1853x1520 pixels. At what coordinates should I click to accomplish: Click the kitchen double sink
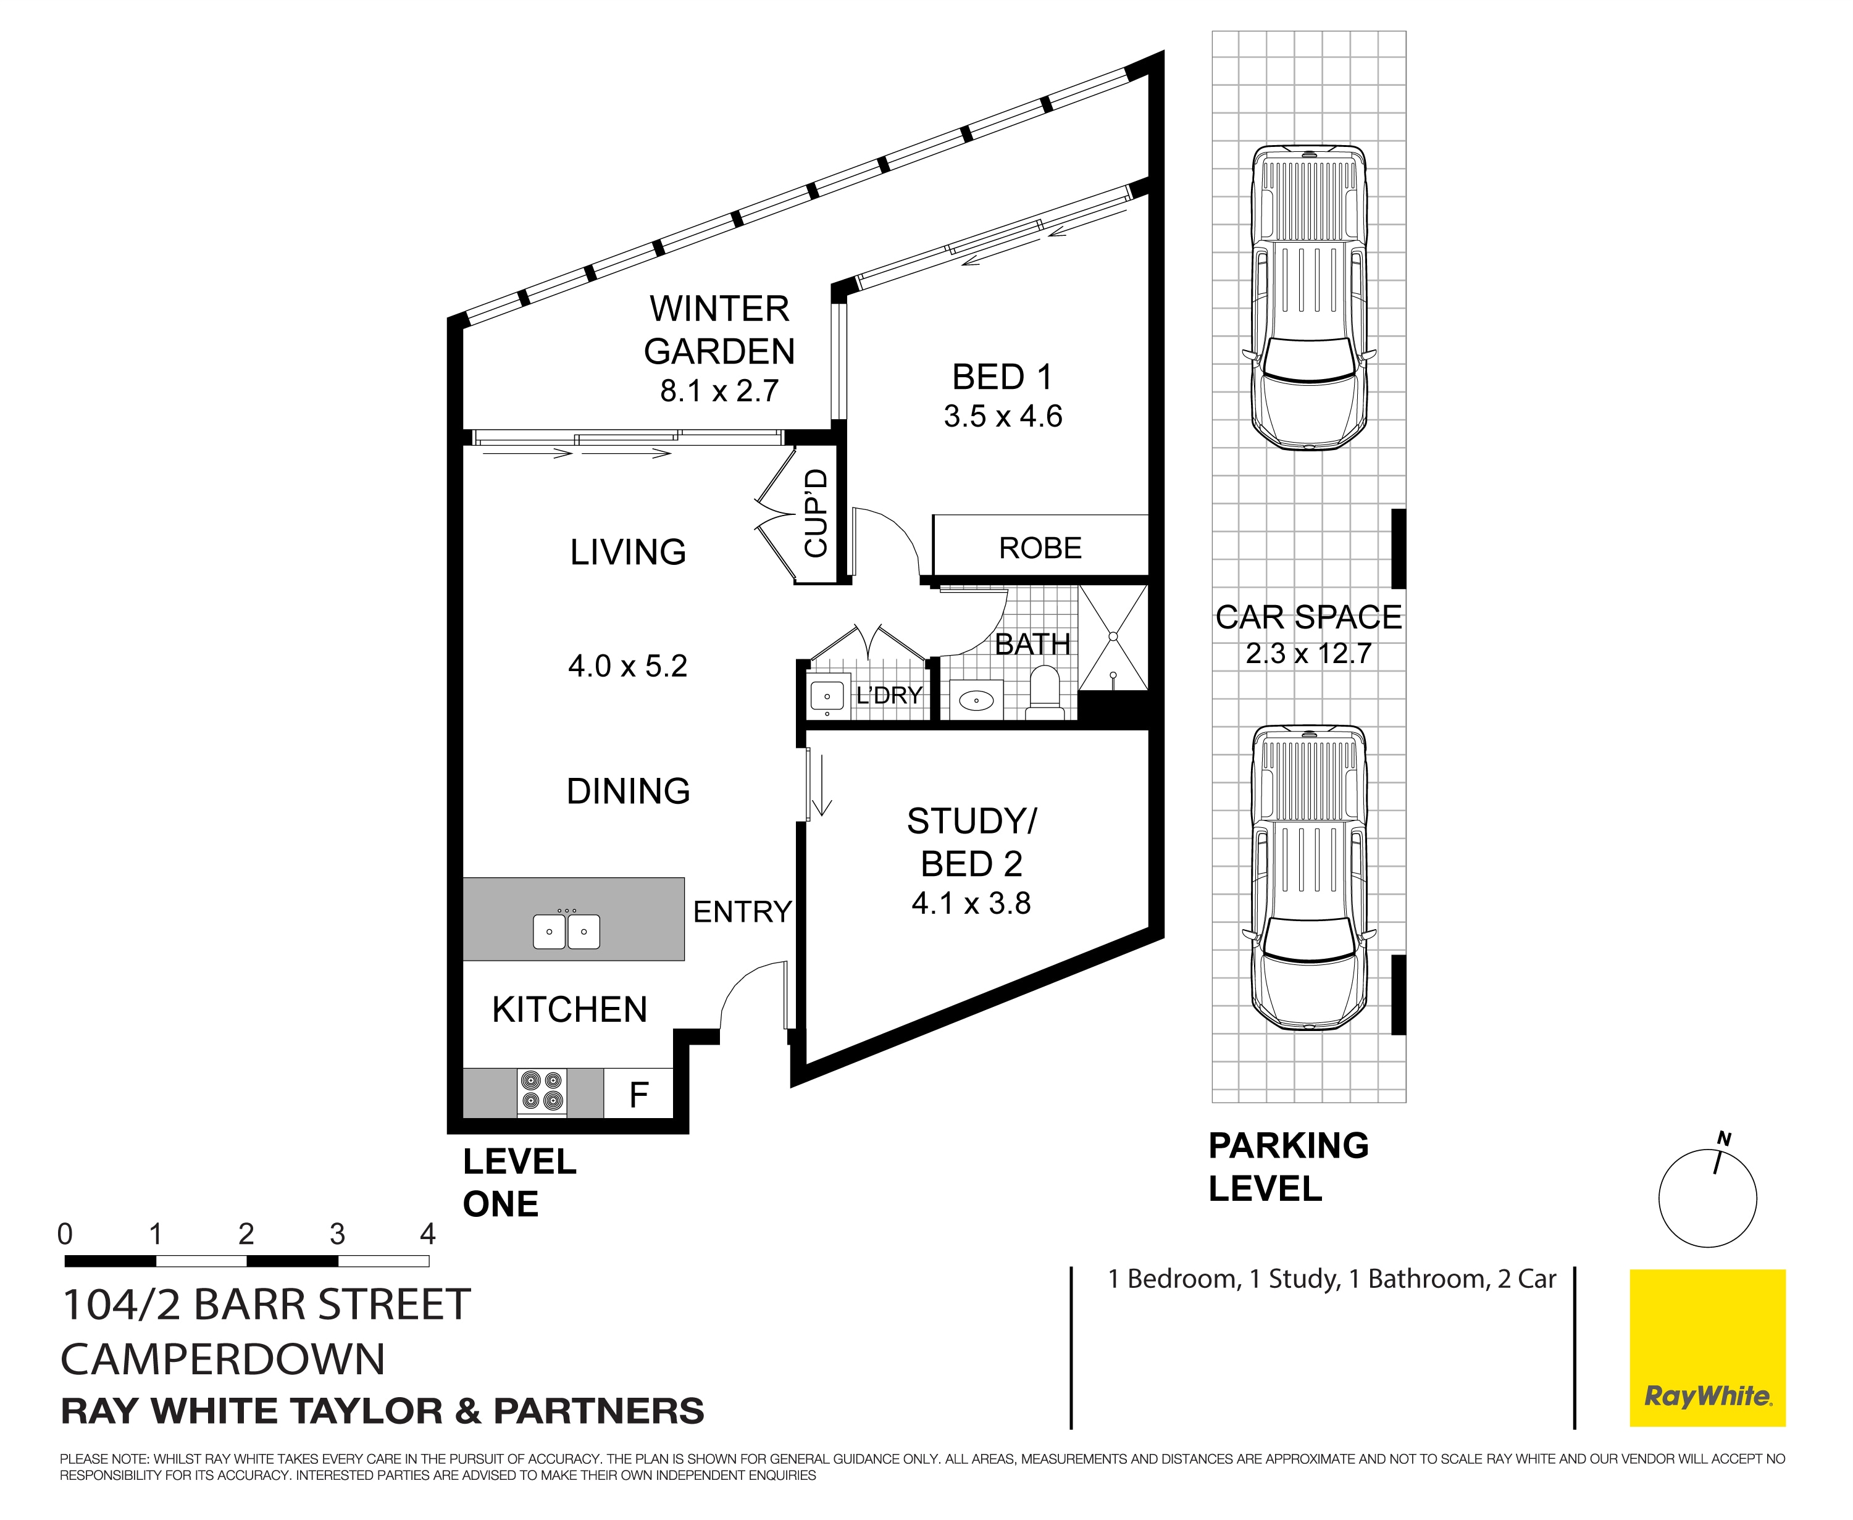click(x=567, y=932)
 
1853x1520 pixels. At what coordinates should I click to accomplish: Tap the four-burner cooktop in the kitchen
click(x=541, y=1091)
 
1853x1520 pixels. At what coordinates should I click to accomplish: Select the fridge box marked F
click(x=638, y=1093)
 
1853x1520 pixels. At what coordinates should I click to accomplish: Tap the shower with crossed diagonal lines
click(x=1112, y=637)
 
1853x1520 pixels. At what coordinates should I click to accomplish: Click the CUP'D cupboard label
click(x=815, y=513)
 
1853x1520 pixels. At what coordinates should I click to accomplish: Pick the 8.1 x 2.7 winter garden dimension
click(x=719, y=391)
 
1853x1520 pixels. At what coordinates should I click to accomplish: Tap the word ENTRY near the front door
click(x=742, y=911)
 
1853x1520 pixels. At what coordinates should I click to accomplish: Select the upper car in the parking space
click(x=1308, y=298)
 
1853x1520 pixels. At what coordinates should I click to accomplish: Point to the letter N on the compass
click(x=1723, y=1139)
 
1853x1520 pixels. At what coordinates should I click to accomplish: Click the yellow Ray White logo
click(x=1707, y=1348)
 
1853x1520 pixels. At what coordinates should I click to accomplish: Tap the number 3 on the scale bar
click(x=337, y=1235)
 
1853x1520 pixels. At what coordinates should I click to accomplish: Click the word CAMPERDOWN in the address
click(x=224, y=1359)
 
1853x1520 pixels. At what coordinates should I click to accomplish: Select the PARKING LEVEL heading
click(x=1287, y=1167)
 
